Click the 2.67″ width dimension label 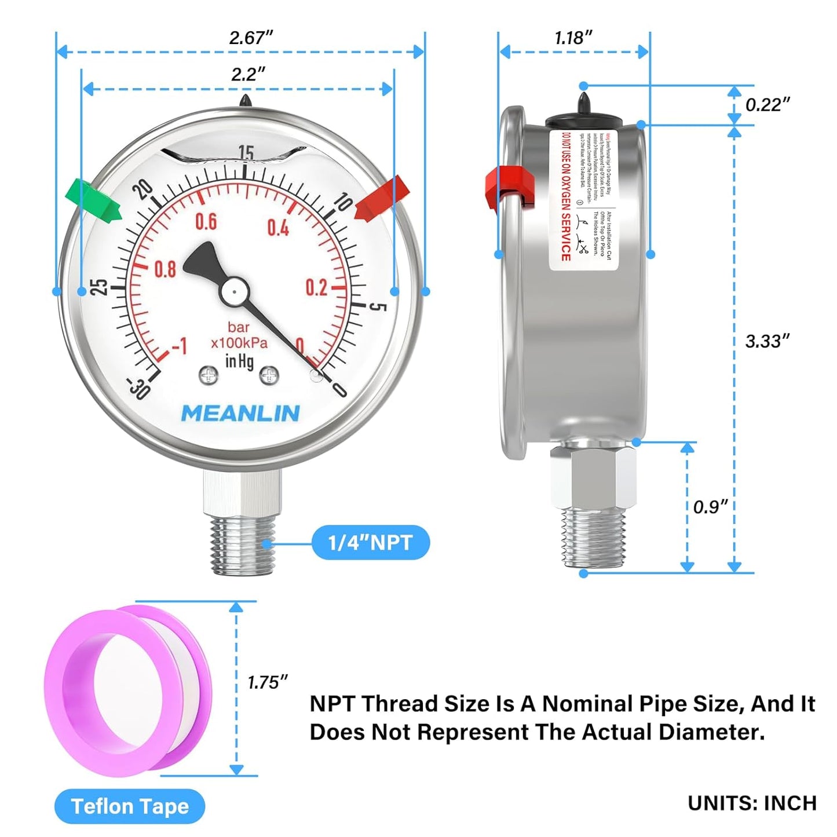(x=250, y=38)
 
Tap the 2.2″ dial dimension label (x=248, y=74)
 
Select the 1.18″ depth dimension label (x=573, y=38)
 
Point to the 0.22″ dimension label (x=767, y=105)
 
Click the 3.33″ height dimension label (x=767, y=341)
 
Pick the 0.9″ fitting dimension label (x=710, y=507)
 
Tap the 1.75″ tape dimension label (x=267, y=682)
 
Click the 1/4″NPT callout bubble (x=371, y=543)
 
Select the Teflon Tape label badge (x=130, y=806)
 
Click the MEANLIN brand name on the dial (x=240, y=414)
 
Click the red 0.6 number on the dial (x=206, y=221)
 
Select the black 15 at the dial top (x=246, y=153)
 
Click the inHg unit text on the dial (x=239, y=361)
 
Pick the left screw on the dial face (x=209, y=375)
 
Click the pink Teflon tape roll (x=127, y=689)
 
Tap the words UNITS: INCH (x=752, y=803)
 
